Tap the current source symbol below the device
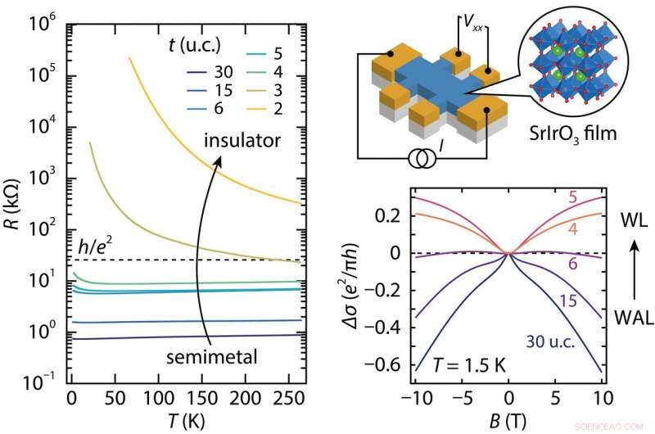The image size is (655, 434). (421, 158)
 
